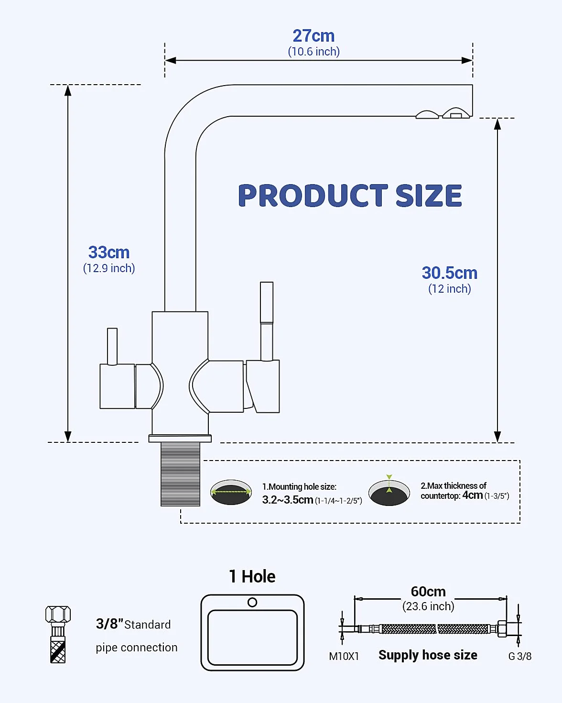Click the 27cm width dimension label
313,36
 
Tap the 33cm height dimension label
109,252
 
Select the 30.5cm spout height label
449,273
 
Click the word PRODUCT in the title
313,195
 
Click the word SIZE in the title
429,195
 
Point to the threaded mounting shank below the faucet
180,474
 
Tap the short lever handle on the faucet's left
112,347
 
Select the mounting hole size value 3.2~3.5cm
287,499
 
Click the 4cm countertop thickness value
472,495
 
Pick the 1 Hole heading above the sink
252,576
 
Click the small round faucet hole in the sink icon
252,602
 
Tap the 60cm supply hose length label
428,592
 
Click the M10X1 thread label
344,656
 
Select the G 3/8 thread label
520,656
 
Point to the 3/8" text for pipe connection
109,624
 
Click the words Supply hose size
428,655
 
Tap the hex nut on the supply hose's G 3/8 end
502,629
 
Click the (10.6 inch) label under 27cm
313,52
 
